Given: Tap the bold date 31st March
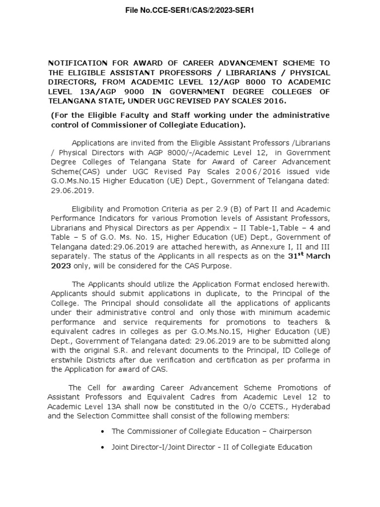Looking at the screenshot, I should (309, 256).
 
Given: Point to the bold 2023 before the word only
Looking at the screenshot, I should (60, 266).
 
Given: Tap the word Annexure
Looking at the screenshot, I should (278, 247).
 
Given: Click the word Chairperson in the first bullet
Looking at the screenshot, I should (288, 431).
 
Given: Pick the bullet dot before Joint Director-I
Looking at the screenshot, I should (102, 447).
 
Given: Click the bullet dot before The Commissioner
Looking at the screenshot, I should (102, 431).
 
